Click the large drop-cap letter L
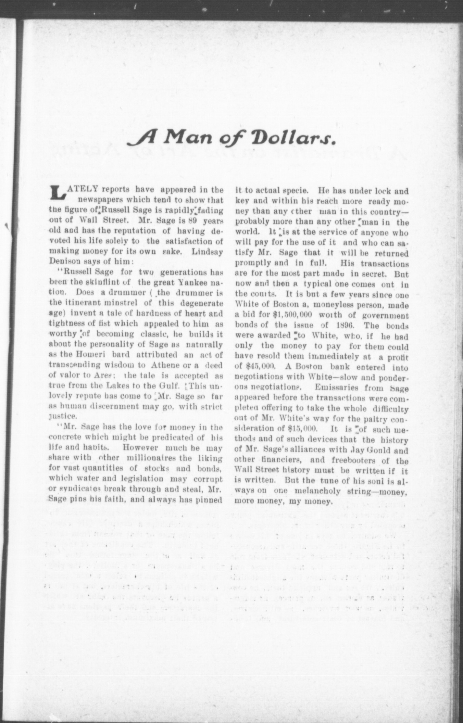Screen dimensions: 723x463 tap(57, 192)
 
